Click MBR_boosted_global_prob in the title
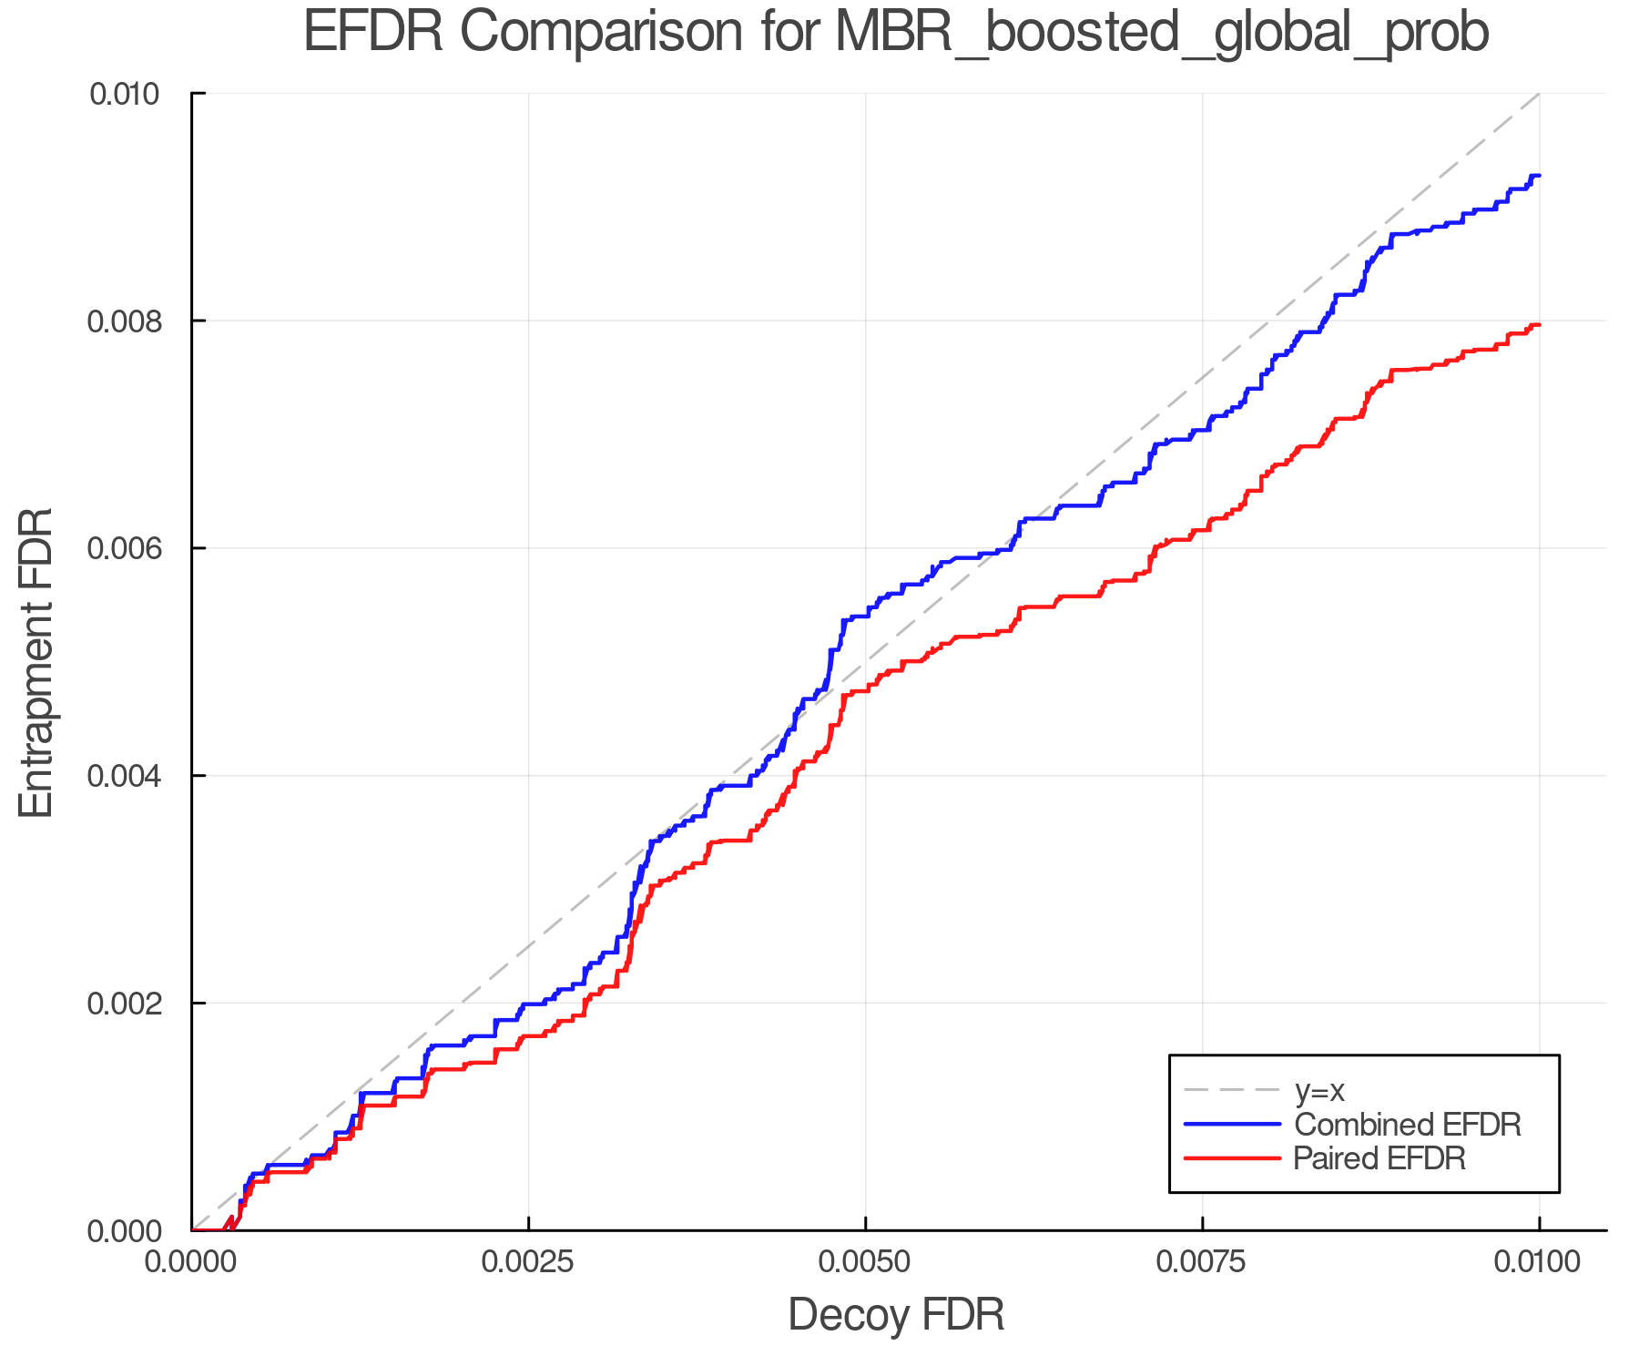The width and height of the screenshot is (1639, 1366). [x=1161, y=33]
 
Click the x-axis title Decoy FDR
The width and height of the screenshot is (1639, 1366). [x=896, y=1315]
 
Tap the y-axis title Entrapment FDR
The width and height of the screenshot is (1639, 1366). [x=36, y=663]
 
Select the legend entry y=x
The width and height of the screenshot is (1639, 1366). [x=1319, y=1090]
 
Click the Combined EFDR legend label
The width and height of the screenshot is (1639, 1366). [x=1407, y=1125]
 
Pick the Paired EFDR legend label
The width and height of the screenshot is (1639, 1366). [x=1379, y=1158]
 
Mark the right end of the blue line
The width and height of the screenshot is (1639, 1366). [x=1539, y=176]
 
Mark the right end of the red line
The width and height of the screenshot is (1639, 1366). [x=1539, y=325]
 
